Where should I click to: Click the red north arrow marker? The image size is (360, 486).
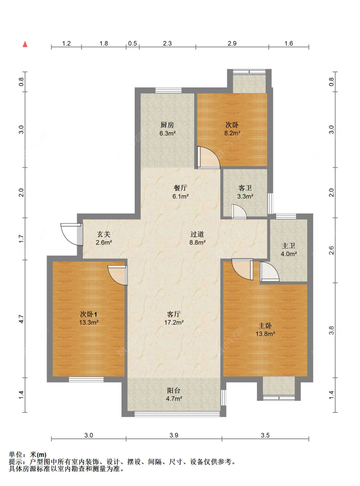(x=25, y=44)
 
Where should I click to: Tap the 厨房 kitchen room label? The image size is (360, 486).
(x=167, y=125)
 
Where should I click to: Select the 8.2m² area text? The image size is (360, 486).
(x=232, y=133)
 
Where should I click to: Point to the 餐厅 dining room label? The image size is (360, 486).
(x=180, y=188)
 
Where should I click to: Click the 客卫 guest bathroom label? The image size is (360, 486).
(x=245, y=188)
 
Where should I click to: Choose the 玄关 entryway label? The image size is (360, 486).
(x=104, y=234)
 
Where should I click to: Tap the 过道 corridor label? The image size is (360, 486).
(x=197, y=234)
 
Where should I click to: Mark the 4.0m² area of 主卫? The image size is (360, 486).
(x=289, y=254)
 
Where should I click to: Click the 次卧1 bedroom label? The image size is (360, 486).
(x=89, y=314)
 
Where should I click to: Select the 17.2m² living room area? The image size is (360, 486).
(x=174, y=322)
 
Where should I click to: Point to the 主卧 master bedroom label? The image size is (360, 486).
(x=265, y=326)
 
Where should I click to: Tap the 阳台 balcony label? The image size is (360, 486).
(x=174, y=391)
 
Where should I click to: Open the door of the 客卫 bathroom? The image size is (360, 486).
(x=239, y=212)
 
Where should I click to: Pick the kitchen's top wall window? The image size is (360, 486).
(x=169, y=90)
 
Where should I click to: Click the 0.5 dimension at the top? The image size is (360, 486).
(x=132, y=44)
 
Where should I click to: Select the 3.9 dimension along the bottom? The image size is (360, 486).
(x=174, y=435)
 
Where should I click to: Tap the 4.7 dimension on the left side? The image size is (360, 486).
(x=21, y=319)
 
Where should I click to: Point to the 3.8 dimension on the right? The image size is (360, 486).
(x=332, y=330)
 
